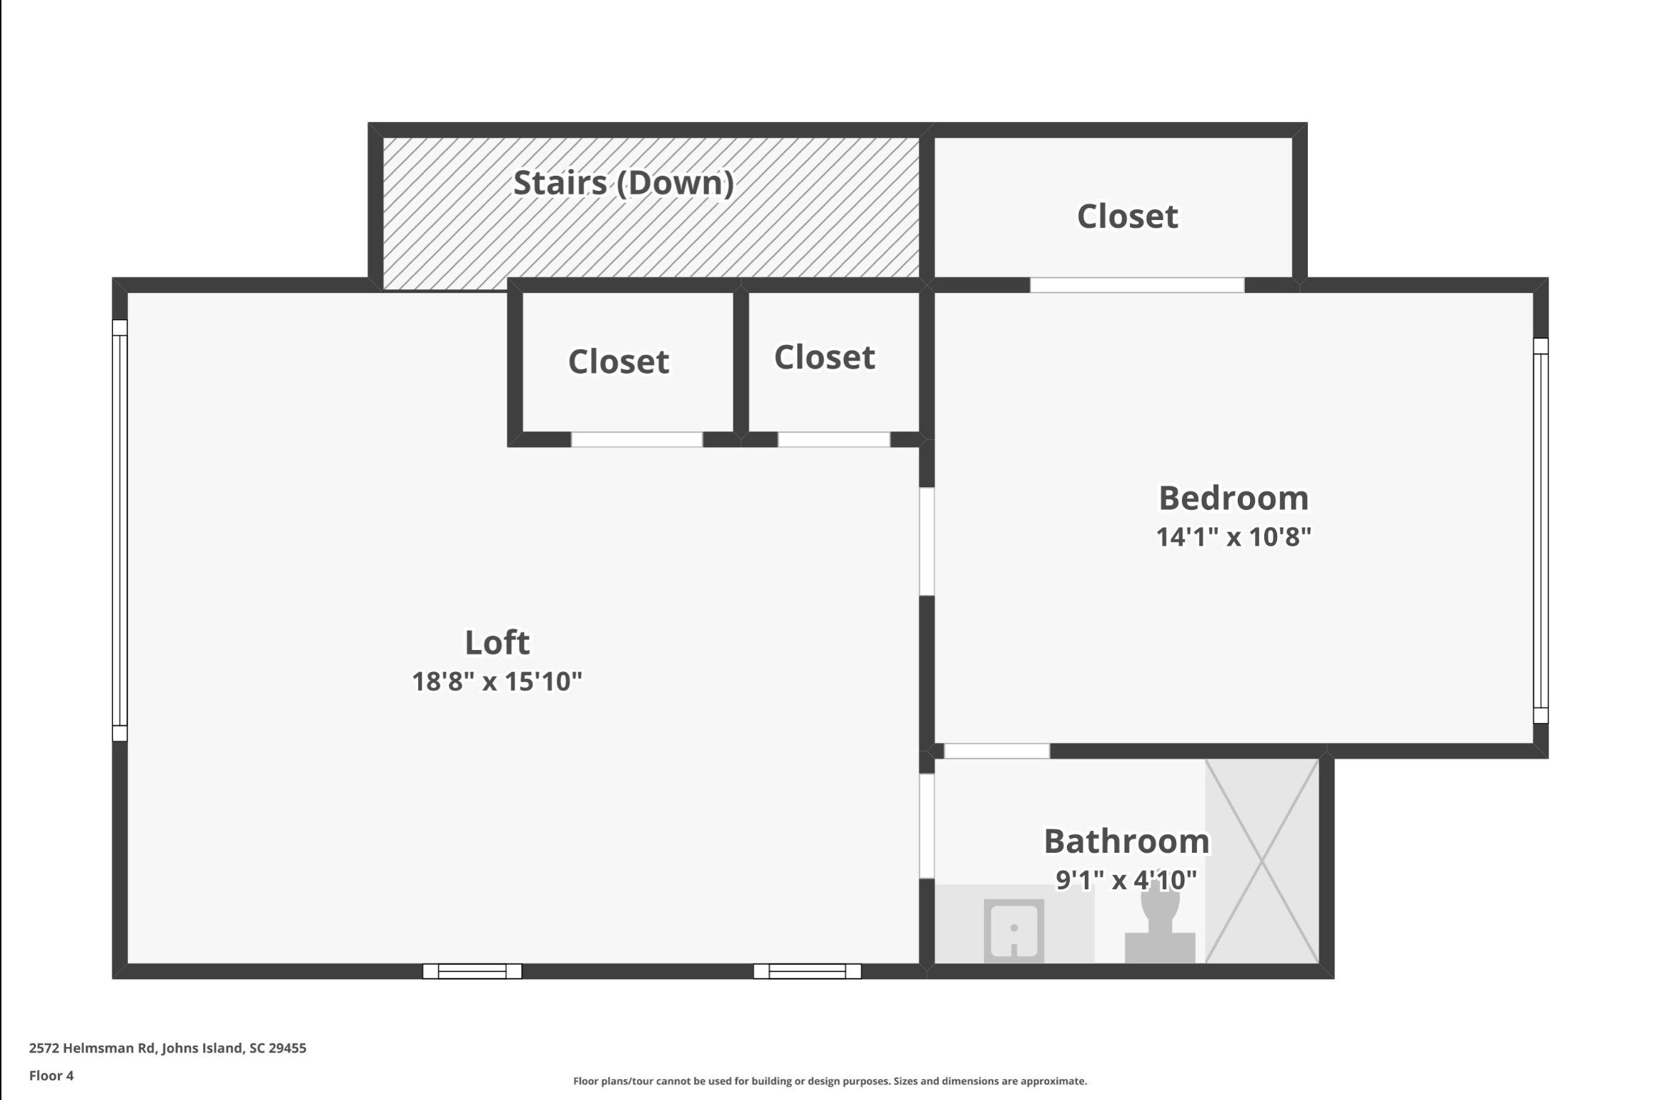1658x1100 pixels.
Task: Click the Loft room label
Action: point(497,642)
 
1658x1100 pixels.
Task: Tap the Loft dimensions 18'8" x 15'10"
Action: point(497,681)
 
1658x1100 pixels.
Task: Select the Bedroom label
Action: point(1233,498)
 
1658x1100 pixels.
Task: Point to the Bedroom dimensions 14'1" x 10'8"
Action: point(1233,536)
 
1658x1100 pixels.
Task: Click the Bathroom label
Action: point(1127,841)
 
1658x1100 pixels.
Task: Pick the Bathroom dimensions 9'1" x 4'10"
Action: point(1127,880)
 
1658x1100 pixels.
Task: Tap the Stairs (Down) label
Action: point(624,183)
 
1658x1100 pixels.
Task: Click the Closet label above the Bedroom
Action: point(1128,216)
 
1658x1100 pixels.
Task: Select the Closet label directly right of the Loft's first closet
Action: point(825,357)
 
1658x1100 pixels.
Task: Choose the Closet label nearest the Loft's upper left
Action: point(619,361)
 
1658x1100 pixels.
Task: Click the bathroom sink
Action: point(1013,931)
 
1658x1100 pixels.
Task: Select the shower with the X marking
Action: point(1262,861)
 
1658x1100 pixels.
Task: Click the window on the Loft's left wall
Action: point(120,530)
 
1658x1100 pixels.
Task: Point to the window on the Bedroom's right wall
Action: point(1541,531)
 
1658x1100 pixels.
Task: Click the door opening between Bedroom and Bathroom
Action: point(997,751)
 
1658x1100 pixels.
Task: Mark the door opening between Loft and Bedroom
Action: point(927,541)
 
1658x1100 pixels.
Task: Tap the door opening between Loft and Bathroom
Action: point(927,826)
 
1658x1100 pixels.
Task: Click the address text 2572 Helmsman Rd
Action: point(92,1048)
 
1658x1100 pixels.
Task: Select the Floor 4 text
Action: point(51,1075)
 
